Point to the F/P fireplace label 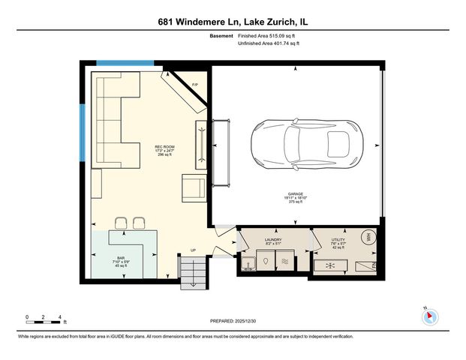click(x=195, y=84)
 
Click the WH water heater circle click(x=368, y=238)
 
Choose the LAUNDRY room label click(x=274, y=241)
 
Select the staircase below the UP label click(x=192, y=268)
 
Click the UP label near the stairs click(x=193, y=250)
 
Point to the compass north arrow click(x=430, y=316)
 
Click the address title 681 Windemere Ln click(x=233, y=22)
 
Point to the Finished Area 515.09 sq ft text click(x=268, y=35)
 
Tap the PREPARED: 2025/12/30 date click(x=233, y=320)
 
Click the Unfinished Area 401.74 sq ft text click(x=268, y=44)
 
